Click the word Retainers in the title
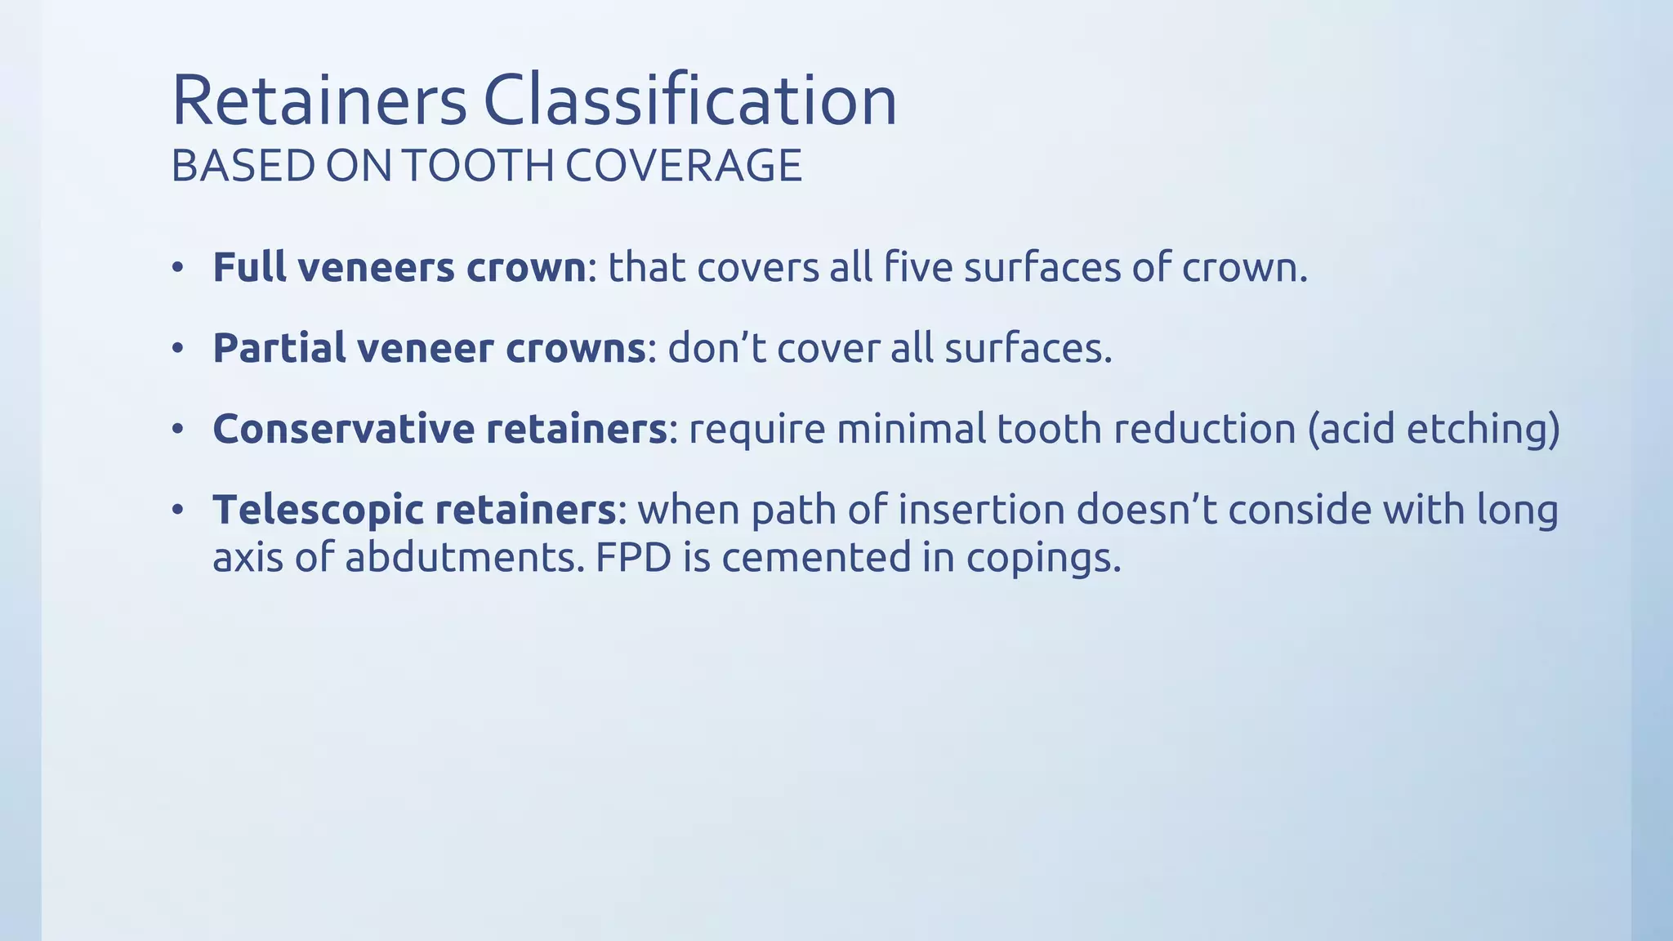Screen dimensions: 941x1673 tap(319, 100)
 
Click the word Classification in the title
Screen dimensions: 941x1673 tap(689, 100)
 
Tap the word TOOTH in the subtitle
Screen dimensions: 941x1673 tap(478, 166)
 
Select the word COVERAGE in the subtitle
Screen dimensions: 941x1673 tap(684, 166)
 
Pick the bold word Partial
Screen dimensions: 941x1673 tap(279, 348)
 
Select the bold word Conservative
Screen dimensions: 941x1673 tap(343, 429)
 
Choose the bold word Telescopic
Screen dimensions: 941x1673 tap(318, 510)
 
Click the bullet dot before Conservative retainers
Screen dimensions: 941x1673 tap(178, 430)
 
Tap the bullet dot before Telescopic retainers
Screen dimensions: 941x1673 tap(178, 511)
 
